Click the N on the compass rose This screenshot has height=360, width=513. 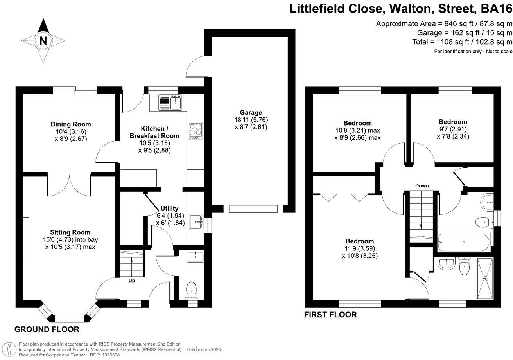pyautogui.click(x=43, y=41)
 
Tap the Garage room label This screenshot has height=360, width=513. pyautogui.click(x=251, y=113)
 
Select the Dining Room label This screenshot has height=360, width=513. pyautogui.click(x=71, y=124)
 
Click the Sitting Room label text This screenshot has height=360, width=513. pyautogui.click(x=70, y=232)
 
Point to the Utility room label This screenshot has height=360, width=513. pyautogui.click(x=169, y=208)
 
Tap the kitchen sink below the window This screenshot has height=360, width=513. pyautogui.click(x=170, y=103)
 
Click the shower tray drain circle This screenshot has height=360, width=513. pyautogui.click(x=485, y=279)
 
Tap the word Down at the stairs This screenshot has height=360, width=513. pyautogui.click(x=422, y=186)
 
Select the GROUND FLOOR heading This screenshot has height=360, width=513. pyautogui.click(x=47, y=329)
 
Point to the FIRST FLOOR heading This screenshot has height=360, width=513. pyautogui.click(x=330, y=315)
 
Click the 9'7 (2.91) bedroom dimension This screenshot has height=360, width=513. pyautogui.click(x=453, y=129)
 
